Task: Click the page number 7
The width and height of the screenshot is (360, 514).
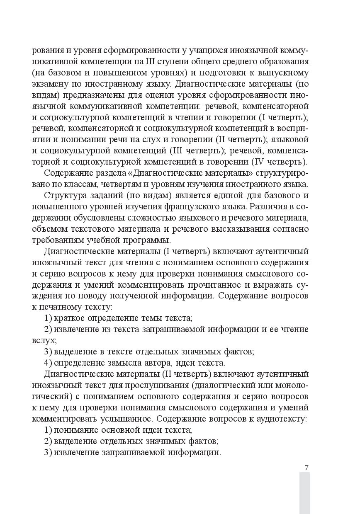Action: tap(306, 468)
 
